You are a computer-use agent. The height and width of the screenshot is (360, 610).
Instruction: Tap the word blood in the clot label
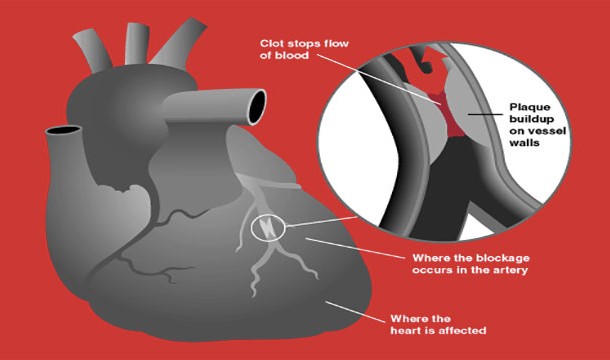pyautogui.click(x=292, y=56)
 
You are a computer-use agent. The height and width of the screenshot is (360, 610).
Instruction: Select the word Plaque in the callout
pyautogui.click(x=530, y=107)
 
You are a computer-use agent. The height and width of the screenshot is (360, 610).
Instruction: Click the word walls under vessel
pyautogui.click(x=524, y=143)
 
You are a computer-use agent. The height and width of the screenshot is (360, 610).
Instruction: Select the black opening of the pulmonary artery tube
pyautogui.click(x=257, y=107)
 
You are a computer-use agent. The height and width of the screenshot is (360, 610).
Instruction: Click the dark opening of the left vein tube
pyautogui.click(x=63, y=131)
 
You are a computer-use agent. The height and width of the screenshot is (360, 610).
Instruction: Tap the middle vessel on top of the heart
pyautogui.click(x=136, y=44)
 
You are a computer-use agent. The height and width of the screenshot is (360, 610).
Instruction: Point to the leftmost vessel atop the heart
pyautogui.click(x=93, y=50)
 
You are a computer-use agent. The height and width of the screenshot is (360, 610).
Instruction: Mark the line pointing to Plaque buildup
pyautogui.click(x=485, y=114)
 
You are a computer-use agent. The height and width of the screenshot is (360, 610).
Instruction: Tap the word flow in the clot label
pyautogui.click(x=335, y=43)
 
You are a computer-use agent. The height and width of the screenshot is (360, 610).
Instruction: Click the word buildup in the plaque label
pyautogui.click(x=531, y=119)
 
